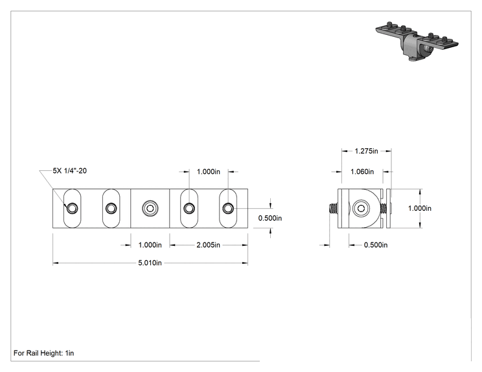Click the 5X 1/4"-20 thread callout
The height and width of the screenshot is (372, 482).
[70, 171]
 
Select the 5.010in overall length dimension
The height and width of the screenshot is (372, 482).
[150, 263]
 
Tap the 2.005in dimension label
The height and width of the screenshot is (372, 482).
[209, 245]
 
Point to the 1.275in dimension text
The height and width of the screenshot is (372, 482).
[366, 151]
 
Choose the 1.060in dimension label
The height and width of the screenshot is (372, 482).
[362, 171]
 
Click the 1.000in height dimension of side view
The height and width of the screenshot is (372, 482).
[420, 208]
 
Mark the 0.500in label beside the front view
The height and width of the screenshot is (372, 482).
[270, 218]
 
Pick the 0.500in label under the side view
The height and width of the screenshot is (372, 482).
[376, 245]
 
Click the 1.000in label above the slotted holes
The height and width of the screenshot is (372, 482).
[209, 171]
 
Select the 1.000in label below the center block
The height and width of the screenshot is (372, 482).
[150, 245]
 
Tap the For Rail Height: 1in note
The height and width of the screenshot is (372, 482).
[43, 353]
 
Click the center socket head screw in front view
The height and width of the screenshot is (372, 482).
[150, 208]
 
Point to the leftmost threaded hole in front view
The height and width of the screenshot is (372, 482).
[73, 208]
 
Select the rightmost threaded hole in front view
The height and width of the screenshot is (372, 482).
[228, 208]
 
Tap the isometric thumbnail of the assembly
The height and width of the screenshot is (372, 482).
[417, 41]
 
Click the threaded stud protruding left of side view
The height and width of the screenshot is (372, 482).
[333, 208]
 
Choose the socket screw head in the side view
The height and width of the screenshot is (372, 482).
[361, 208]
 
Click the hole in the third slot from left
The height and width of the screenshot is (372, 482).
[189, 208]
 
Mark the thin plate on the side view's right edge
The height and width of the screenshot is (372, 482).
[388, 208]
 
